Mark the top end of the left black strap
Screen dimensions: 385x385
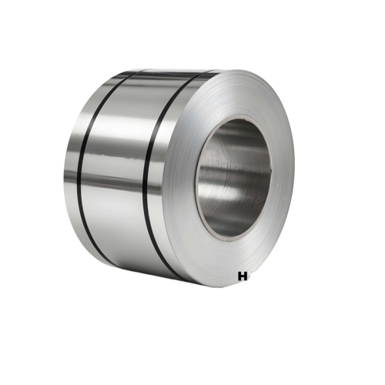click(123, 74)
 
